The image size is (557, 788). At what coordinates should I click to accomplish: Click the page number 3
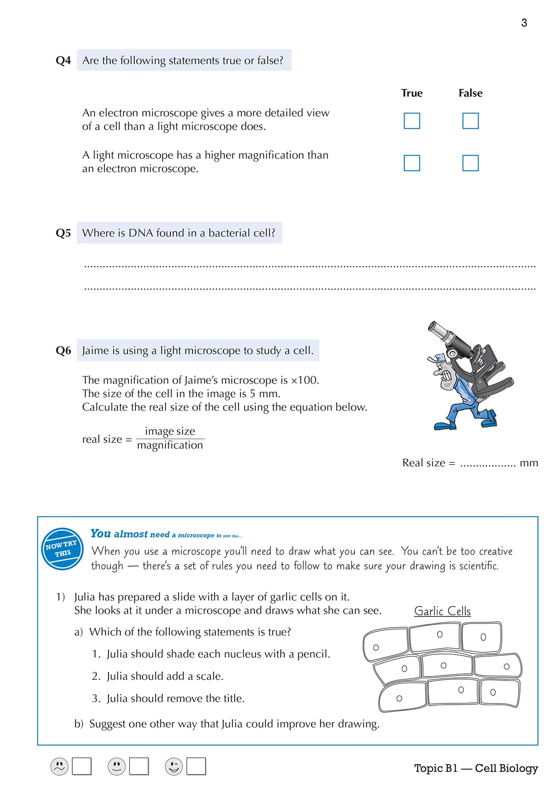point(524,23)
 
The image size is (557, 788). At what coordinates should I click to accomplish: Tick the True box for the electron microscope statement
point(412,121)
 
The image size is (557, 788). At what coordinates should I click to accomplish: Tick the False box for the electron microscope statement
point(470,121)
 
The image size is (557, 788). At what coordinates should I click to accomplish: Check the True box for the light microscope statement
point(412,163)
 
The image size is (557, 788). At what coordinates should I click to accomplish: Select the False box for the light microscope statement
point(470,163)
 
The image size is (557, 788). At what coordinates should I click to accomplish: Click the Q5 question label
point(63,233)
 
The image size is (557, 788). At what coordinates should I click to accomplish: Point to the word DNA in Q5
point(141,233)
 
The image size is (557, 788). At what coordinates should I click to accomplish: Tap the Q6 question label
point(63,351)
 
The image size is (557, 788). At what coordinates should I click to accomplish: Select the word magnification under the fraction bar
point(170,446)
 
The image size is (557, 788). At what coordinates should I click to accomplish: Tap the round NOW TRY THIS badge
point(63,548)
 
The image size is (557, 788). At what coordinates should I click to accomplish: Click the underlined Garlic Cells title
point(442,611)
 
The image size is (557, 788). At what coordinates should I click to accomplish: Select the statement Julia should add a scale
point(165,676)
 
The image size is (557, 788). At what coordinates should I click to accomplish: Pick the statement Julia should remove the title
point(175,699)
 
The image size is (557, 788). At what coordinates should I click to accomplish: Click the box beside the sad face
point(82,766)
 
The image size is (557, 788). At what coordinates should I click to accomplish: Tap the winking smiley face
point(174,766)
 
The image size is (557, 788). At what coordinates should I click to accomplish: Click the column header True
point(412,93)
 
